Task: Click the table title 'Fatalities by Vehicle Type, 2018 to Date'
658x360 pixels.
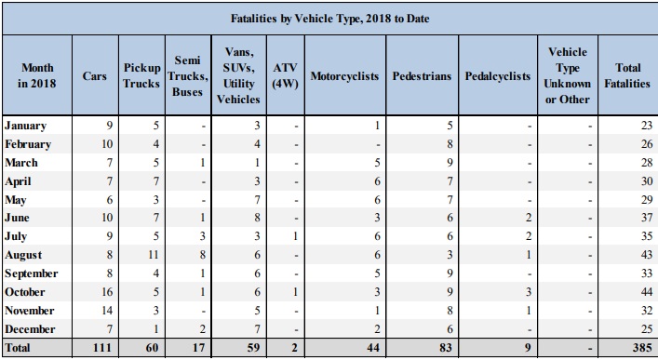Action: [x=329, y=18]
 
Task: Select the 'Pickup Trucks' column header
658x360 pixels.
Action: [x=141, y=76]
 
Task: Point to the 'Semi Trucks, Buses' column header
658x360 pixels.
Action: [x=186, y=76]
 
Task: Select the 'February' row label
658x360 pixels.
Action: [x=28, y=144]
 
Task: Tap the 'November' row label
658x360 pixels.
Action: [x=31, y=311]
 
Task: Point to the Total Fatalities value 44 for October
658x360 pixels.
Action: [x=640, y=292]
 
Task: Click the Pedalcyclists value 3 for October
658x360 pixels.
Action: [x=528, y=292]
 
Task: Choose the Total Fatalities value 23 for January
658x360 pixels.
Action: [x=640, y=126]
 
